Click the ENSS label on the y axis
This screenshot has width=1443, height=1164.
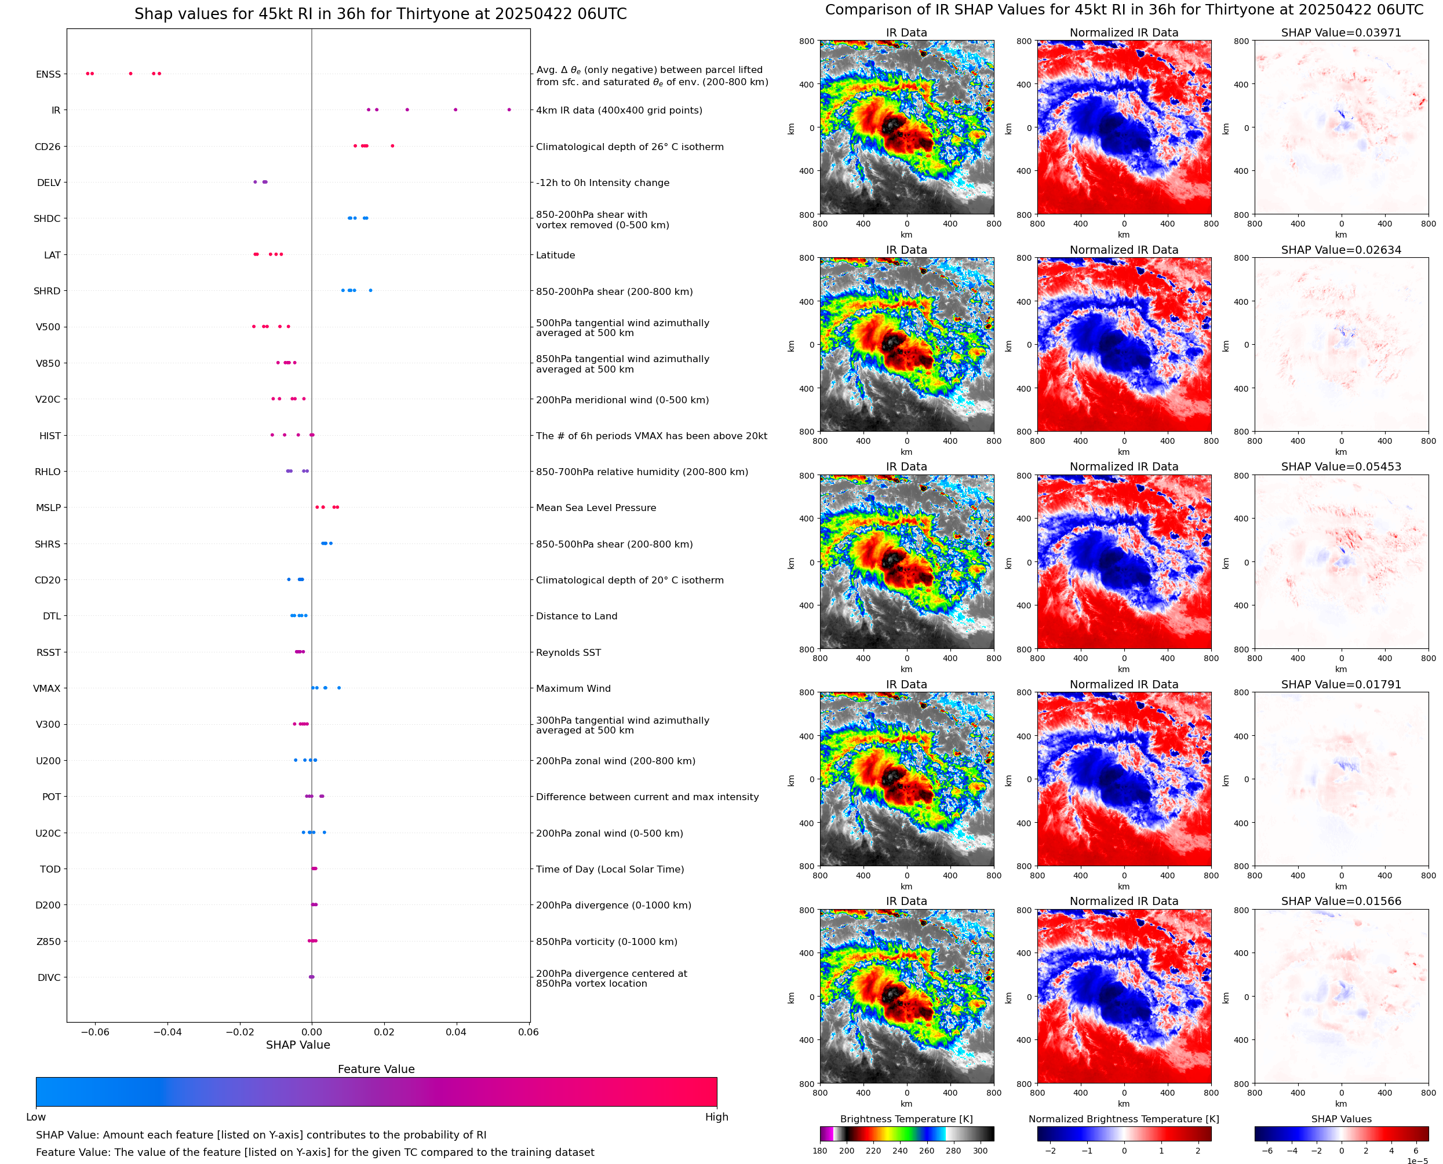pyautogui.click(x=48, y=74)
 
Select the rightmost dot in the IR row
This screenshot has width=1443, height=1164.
pyautogui.click(x=509, y=110)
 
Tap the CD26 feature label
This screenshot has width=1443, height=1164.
pyautogui.click(x=47, y=147)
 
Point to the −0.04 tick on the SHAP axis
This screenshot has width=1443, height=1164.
pyautogui.click(x=167, y=1032)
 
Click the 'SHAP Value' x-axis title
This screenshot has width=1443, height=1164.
pyautogui.click(x=298, y=1045)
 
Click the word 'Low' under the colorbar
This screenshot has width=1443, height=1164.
pyautogui.click(x=35, y=1117)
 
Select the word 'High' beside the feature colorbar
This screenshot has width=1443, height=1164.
pyautogui.click(x=716, y=1117)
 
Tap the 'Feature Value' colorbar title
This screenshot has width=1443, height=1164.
pyautogui.click(x=376, y=1070)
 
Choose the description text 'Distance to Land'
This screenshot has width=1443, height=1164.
pyautogui.click(x=576, y=616)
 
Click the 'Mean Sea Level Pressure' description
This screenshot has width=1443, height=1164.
pyautogui.click(x=595, y=508)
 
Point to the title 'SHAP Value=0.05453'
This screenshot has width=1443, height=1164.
pyautogui.click(x=1340, y=466)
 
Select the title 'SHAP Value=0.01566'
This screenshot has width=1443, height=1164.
pyautogui.click(x=1340, y=901)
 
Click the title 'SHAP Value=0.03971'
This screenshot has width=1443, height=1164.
pyautogui.click(x=1340, y=32)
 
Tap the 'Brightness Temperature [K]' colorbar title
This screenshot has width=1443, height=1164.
pyautogui.click(x=906, y=1119)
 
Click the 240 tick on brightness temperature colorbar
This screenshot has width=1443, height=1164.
pyautogui.click(x=900, y=1151)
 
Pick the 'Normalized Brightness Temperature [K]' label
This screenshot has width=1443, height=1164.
pyautogui.click(x=1123, y=1119)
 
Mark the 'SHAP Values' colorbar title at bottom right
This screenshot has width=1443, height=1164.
pyautogui.click(x=1341, y=1119)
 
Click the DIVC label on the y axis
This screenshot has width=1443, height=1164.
pyautogui.click(x=48, y=977)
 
